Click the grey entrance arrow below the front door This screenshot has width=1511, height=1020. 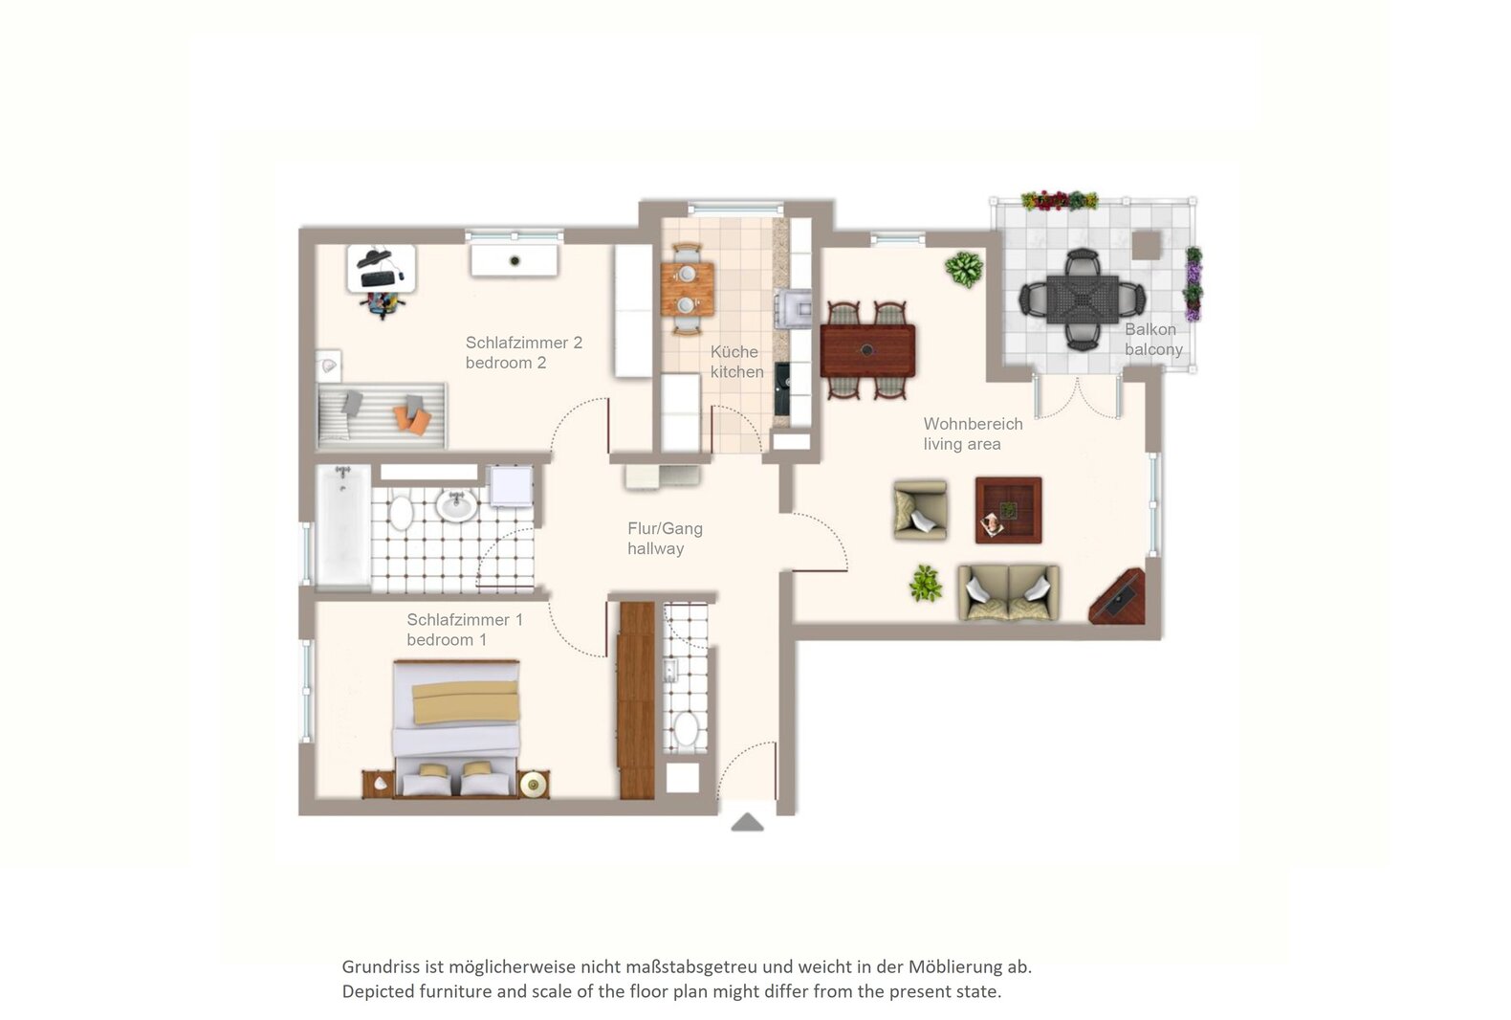pyautogui.click(x=747, y=822)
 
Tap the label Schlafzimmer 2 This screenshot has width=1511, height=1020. pyautogui.click(x=523, y=343)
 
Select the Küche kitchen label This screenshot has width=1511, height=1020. pyautogui.click(x=736, y=362)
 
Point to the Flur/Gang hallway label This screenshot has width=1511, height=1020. pyautogui.click(x=665, y=538)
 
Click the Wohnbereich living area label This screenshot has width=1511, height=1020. pyautogui.click(x=973, y=433)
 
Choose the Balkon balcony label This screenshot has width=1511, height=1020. pyautogui.click(x=1153, y=340)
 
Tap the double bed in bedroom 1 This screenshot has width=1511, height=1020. pyautogui.click(x=457, y=728)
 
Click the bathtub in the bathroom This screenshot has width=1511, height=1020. pyautogui.click(x=343, y=525)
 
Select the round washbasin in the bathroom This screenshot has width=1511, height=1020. pyautogui.click(x=457, y=505)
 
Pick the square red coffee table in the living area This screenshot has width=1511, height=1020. pyautogui.click(x=1009, y=510)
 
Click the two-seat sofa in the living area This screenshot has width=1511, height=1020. pyautogui.click(x=1009, y=592)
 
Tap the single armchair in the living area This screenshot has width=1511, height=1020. pyautogui.click(x=920, y=510)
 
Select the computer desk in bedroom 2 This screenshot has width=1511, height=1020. pyautogui.click(x=382, y=269)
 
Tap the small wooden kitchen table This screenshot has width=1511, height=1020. pyautogui.click(x=688, y=290)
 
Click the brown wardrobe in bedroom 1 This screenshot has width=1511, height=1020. pyautogui.click(x=638, y=700)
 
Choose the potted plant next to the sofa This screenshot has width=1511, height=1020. pyautogui.click(x=926, y=584)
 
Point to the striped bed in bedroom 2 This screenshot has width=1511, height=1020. pyautogui.click(x=382, y=416)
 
